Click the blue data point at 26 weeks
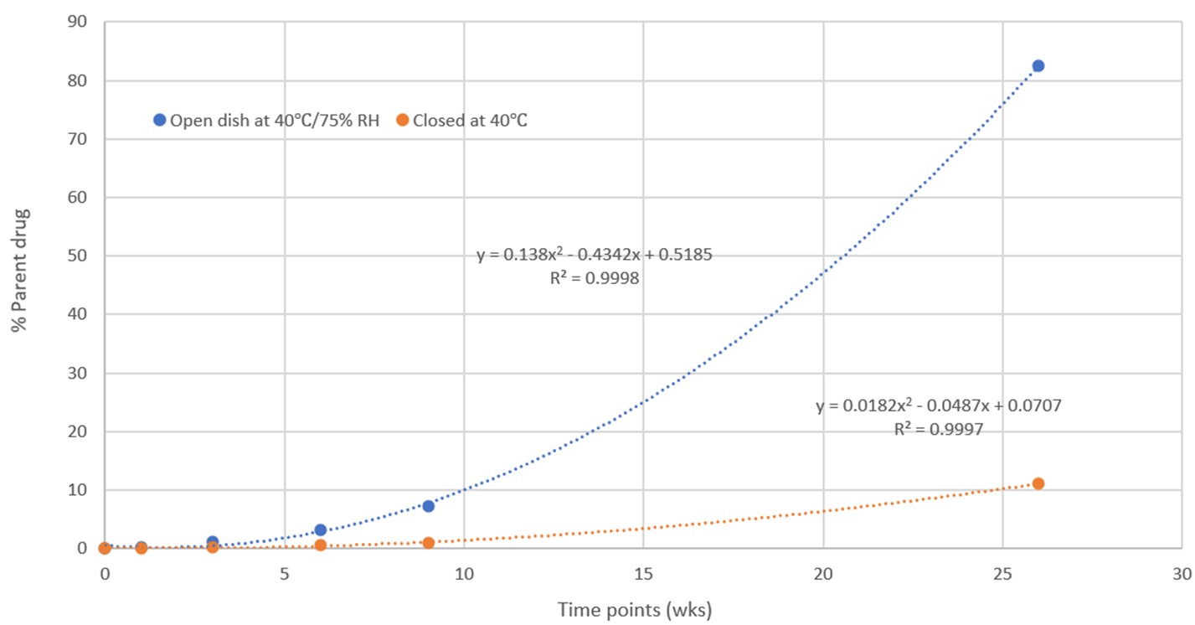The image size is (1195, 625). tap(1038, 66)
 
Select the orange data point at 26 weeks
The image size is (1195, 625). tap(1038, 483)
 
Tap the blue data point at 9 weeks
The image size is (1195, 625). tap(428, 506)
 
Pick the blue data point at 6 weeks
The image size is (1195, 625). tap(320, 530)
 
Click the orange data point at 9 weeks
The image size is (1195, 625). tap(428, 543)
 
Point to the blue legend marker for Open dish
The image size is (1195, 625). tap(159, 120)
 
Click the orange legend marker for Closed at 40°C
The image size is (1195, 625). tap(402, 120)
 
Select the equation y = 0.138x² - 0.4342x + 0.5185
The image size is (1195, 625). tap(595, 256)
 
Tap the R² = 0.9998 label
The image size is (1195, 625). tap(595, 279)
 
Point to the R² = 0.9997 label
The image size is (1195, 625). tap(938, 429)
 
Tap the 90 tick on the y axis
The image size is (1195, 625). tap(79, 23)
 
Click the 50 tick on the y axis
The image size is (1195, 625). tap(79, 256)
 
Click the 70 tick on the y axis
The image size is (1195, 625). tap(79, 139)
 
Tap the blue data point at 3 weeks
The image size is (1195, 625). tap(213, 542)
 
